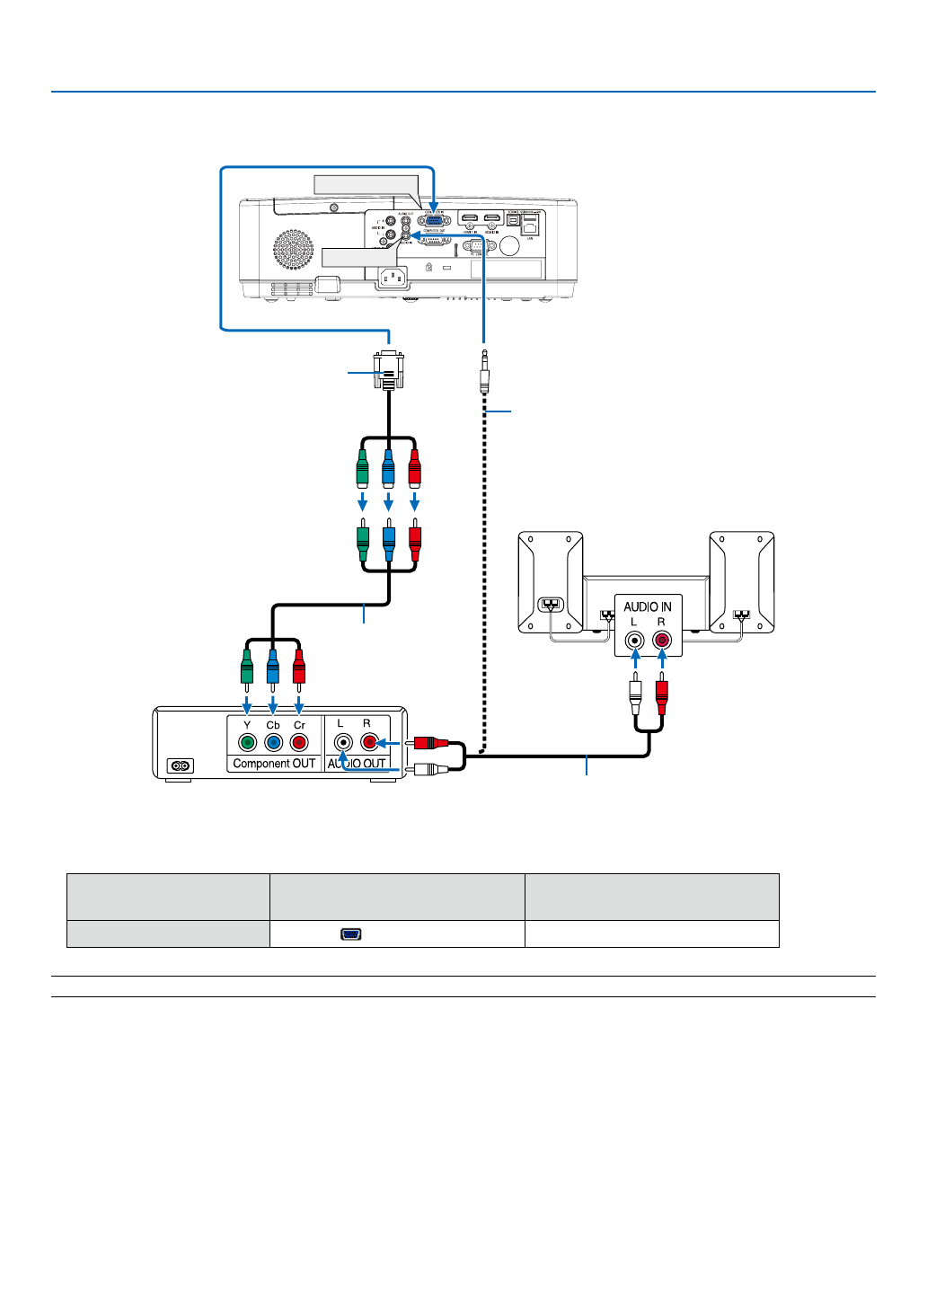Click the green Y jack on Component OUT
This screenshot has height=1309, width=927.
click(247, 743)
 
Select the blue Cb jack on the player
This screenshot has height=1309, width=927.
click(273, 743)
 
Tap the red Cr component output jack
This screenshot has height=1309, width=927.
click(299, 743)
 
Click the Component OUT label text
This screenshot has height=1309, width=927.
click(274, 764)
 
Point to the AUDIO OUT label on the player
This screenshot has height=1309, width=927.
click(357, 764)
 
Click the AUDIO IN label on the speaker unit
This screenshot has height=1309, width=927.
click(648, 606)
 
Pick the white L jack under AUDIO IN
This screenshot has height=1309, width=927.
click(635, 641)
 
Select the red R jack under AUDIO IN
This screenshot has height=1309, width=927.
click(662, 641)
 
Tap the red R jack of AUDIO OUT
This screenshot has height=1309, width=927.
click(368, 743)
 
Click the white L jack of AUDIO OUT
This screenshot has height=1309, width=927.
click(342, 743)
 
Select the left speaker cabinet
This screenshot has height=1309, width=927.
click(550, 581)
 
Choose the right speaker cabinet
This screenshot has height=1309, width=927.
click(742, 581)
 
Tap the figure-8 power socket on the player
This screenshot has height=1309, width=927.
click(181, 766)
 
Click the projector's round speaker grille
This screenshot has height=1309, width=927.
click(294, 250)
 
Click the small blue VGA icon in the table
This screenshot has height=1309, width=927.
click(350, 934)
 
